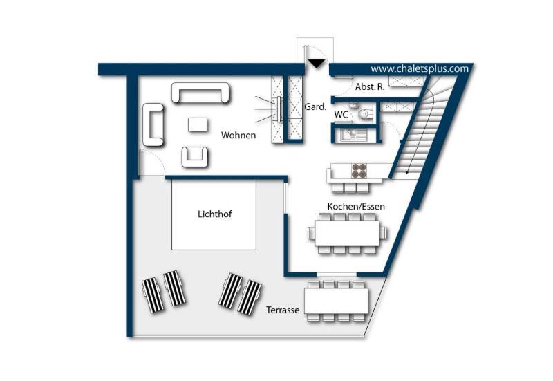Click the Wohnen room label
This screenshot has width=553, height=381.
pyautogui.click(x=238, y=135)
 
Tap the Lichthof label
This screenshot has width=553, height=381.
pyautogui.click(x=215, y=214)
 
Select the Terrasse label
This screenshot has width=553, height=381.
pyautogui.click(x=283, y=310)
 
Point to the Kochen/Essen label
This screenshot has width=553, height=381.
pyautogui.click(x=356, y=206)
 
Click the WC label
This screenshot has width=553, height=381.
pyautogui.click(x=341, y=115)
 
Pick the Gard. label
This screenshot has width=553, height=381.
pyautogui.click(x=315, y=106)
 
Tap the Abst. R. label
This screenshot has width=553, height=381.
pyautogui.click(x=370, y=87)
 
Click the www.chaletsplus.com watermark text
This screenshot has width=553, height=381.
pyautogui.click(x=420, y=68)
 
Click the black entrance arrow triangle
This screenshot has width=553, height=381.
pyautogui.click(x=317, y=64)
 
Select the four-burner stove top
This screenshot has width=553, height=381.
pyautogui.click(x=359, y=171)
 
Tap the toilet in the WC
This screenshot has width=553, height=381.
pyautogui.click(x=365, y=114)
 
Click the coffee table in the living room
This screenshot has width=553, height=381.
pyautogui.click(x=198, y=125)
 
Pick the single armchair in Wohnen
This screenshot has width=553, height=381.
pyautogui.click(x=195, y=157)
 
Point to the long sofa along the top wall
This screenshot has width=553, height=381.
pyautogui.click(x=200, y=93)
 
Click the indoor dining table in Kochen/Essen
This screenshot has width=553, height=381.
pyautogui.click(x=348, y=233)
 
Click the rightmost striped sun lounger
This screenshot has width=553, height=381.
pyautogui.click(x=250, y=297)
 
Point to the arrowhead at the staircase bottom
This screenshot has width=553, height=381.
pyautogui.click(x=407, y=172)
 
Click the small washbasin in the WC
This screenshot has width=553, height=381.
pyautogui.click(x=353, y=106)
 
